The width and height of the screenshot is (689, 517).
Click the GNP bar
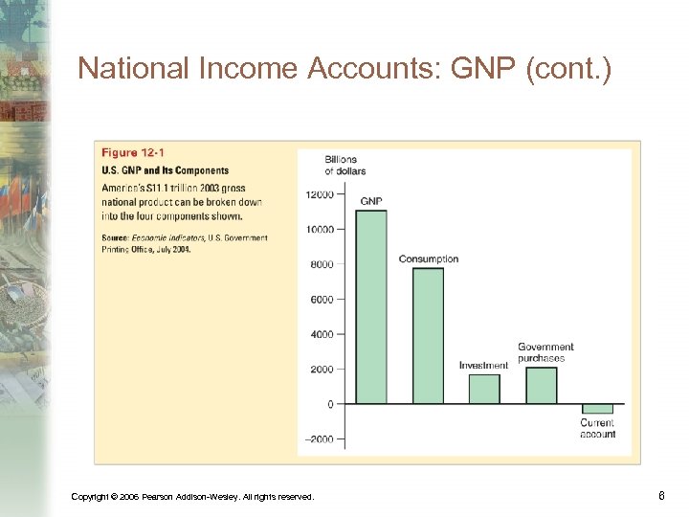point(371,306)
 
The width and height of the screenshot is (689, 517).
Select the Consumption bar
point(428,335)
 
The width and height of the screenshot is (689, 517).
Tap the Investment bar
point(484,388)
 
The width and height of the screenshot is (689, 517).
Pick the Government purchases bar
point(541,385)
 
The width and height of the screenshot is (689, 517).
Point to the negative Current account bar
point(597,409)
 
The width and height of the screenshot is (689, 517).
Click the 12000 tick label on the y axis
point(320,194)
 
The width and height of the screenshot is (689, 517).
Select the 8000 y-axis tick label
point(322,264)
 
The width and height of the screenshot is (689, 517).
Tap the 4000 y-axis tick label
point(322,334)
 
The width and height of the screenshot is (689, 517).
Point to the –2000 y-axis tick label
point(320,439)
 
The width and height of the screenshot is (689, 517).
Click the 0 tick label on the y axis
point(330,404)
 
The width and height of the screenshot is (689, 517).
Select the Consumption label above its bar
point(429,258)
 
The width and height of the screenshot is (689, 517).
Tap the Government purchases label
point(545,352)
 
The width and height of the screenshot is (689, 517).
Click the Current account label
point(597,428)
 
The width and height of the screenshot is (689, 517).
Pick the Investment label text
point(483,365)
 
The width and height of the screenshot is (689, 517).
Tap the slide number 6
point(662,495)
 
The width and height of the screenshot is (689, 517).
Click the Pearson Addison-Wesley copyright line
point(192,496)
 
